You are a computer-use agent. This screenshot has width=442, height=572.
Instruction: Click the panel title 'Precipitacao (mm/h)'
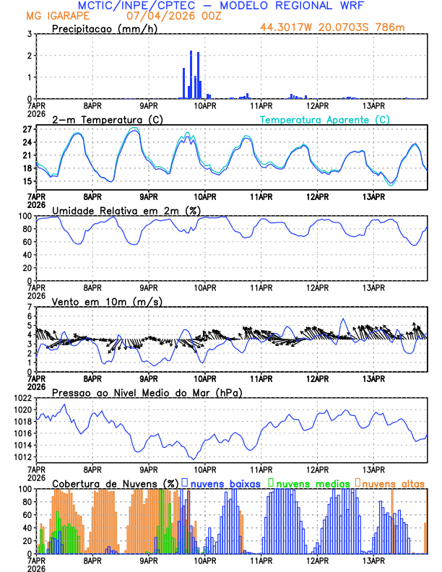[x=105, y=28]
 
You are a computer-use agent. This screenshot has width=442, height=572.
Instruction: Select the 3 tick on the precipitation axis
[x=29, y=34]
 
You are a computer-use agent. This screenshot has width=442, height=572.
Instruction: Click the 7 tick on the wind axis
[x=29, y=307]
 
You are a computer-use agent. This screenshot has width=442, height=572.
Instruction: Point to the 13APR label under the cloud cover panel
[x=373, y=561]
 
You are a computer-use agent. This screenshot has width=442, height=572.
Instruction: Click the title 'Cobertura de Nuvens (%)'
[x=116, y=482]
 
